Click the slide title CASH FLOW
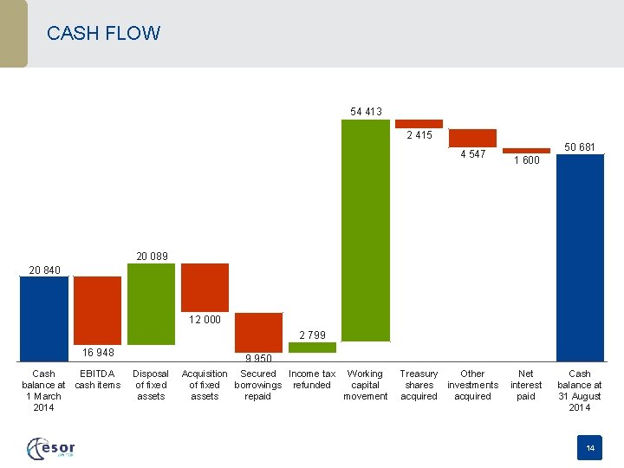point(103,34)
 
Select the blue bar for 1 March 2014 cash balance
point(43,318)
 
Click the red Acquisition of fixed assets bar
point(205,287)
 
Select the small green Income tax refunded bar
point(312,347)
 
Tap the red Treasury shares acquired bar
point(419,124)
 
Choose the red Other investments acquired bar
point(472,138)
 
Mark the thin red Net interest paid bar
point(526,149)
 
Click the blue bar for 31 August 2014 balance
point(580,257)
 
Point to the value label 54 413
point(366,111)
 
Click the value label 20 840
point(44,270)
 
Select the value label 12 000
point(205,319)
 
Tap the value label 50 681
point(580,147)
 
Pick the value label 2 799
point(312,335)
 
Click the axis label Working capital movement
point(365,385)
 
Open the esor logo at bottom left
point(51,448)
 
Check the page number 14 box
point(590,448)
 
